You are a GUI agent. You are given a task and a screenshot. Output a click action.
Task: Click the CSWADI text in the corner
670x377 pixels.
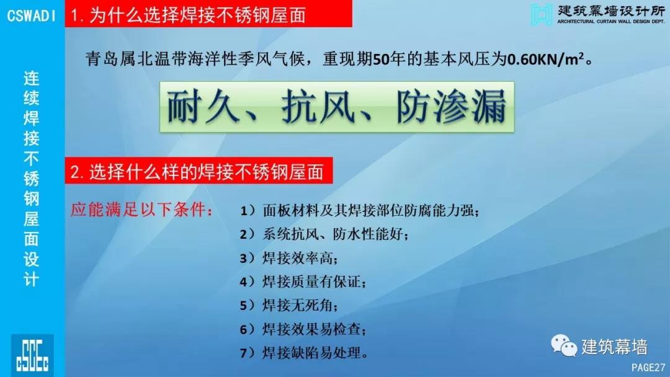pyautogui.click(x=31, y=16)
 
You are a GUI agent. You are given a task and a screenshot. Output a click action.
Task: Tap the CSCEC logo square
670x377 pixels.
pyautogui.click(x=32, y=355)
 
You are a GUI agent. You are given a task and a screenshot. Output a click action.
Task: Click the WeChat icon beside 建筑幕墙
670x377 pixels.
pyautogui.click(x=563, y=345)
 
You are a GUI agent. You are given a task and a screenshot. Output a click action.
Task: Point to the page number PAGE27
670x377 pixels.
pyautogui.click(x=648, y=367)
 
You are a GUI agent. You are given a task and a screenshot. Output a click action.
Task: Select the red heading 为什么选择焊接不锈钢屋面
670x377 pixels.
pyautogui.click(x=188, y=16)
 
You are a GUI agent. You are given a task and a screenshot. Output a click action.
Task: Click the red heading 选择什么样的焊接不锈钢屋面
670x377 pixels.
pyautogui.click(x=197, y=172)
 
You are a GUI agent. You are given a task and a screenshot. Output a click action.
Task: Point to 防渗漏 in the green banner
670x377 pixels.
pyautogui.click(x=451, y=106)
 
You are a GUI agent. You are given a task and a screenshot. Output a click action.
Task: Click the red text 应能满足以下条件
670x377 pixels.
pyautogui.click(x=141, y=210)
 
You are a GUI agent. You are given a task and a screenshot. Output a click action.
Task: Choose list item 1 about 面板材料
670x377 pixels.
pyautogui.click(x=359, y=210)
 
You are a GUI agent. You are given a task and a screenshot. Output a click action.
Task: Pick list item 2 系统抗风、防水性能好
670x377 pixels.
pyautogui.click(x=324, y=234)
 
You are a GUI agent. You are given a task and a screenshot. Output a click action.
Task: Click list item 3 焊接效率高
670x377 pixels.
pyautogui.click(x=289, y=258)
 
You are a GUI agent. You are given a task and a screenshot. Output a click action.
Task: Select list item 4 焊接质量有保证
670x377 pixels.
pyautogui.click(x=303, y=282)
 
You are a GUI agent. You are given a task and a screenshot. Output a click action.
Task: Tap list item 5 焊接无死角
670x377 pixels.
pyautogui.click(x=289, y=305)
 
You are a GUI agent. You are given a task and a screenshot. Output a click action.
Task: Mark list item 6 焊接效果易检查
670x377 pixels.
pyautogui.click(x=303, y=329)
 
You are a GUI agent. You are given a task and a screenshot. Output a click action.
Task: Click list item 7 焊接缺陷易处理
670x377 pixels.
pyautogui.click(x=304, y=353)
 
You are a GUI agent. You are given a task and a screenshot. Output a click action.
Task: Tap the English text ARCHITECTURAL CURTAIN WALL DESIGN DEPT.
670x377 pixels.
pyautogui.click(x=611, y=21)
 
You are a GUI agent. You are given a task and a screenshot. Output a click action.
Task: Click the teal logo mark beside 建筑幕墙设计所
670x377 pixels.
pyautogui.click(x=542, y=14)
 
